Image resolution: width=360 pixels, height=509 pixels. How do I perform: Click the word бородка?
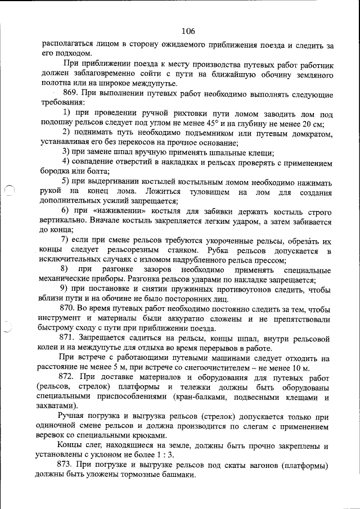tap(56, 172)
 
